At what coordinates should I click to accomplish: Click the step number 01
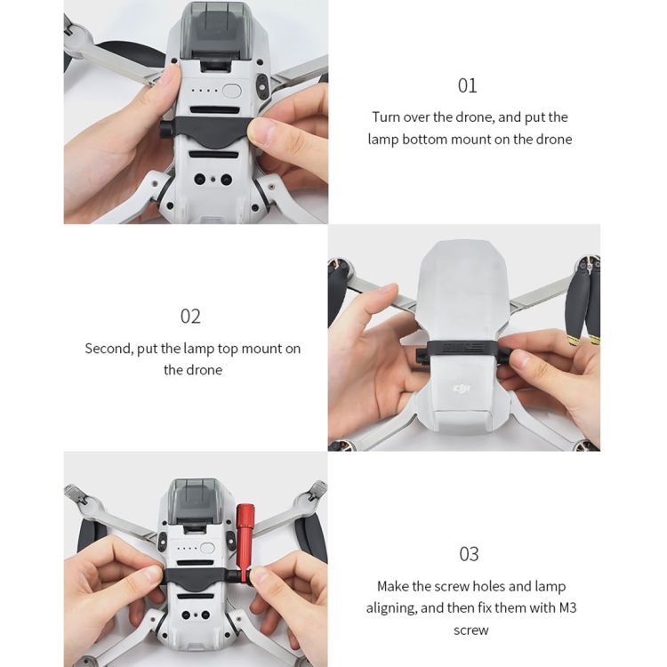click(x=467, y=85)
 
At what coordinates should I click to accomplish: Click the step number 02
click(x=190, y=317)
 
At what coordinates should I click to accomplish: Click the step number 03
click(x=469, y=554)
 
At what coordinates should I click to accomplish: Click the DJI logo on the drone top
click(x=461, y=388)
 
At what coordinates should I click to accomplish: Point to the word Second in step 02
click(x=108, y=349)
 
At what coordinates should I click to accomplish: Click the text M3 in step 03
click(x=567, y=607)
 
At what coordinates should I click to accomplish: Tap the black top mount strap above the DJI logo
click(x=462, y=350)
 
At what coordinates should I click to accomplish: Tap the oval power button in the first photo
click(x=231, y=91)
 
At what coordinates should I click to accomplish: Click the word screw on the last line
click(x=470, y=630)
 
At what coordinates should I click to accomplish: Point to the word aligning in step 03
click(x=391, y=608)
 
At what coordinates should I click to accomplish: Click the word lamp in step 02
click(x=199, y=350)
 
